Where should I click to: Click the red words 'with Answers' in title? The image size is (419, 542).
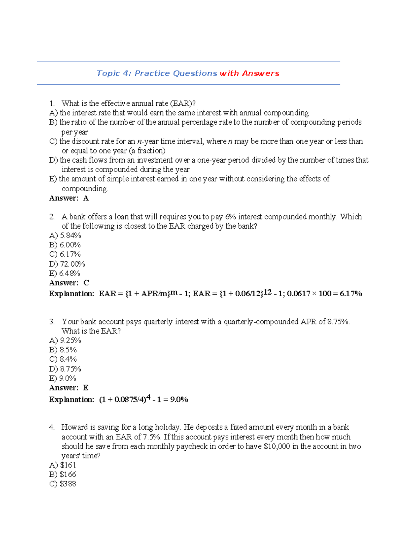tap(249, 73)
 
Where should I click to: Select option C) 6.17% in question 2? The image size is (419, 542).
tap(65, 254)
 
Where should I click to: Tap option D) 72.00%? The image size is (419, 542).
tap(67, 264)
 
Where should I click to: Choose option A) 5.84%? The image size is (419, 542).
tap(65, 236)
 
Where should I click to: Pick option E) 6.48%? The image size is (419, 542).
tap(65, 273)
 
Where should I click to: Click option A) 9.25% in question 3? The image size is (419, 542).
tap(65, 340)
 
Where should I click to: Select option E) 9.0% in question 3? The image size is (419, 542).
tap(63, 378)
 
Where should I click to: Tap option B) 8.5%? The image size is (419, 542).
tap(63, 350)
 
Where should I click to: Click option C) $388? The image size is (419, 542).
tap(63, 484)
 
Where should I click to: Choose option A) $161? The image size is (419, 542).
tap(63, 465)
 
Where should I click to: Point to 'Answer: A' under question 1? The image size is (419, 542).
tap(69, 198)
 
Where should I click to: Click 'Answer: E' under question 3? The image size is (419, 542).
tap(69, 388)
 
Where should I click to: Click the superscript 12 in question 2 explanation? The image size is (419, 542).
tap(267, 292)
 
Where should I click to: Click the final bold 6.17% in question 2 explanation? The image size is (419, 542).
tap(351, 294)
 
